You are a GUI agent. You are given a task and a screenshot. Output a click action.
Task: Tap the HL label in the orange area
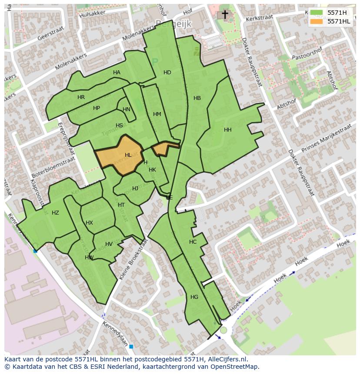click(x=128, y=155)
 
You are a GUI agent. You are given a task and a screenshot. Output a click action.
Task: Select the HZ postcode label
click(x=55, y=213)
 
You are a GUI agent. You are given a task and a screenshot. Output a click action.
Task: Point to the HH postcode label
click(x=227, y=130)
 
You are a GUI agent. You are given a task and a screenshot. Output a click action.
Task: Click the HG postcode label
click(x=194, y=297)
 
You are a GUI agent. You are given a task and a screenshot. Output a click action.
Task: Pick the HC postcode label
click(x=193, y=242)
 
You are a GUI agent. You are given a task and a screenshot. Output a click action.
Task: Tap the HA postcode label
click(x=117, y=73)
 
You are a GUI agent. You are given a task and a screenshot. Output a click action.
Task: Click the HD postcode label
click(x=167, y=73)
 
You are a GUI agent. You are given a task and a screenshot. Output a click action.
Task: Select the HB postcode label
click(x=197, y=98)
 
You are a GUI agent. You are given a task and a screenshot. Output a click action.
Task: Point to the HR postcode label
click(x=81, y=97)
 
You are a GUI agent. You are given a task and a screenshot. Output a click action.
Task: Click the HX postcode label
click(x=89, y=223)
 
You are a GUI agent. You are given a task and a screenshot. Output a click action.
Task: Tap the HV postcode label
click(x=109, y=244)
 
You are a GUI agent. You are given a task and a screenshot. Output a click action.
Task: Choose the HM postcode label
click(x=157, y=114)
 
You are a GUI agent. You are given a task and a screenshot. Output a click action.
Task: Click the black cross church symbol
click(x=225, y=15)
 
